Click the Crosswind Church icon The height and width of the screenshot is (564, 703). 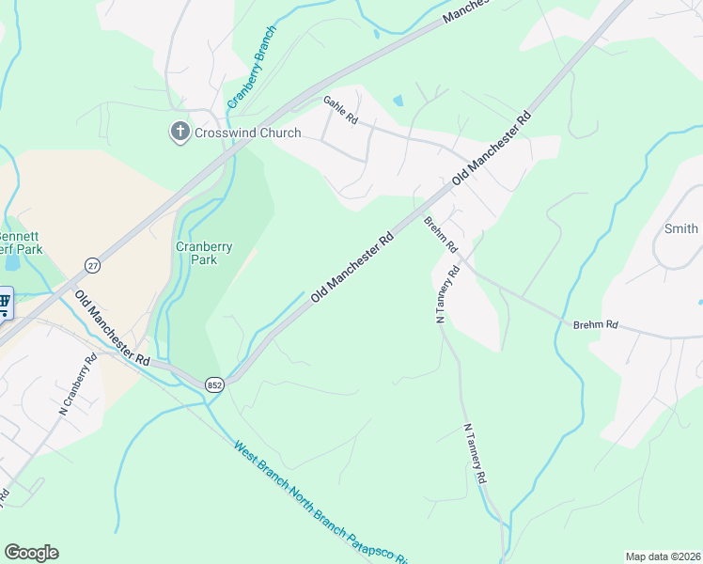(180, 133)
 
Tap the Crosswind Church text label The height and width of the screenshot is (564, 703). (247, 133)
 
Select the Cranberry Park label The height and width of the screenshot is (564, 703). (204, 253)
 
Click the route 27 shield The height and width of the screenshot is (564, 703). (91, 266)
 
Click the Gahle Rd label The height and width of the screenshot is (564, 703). (341, 111)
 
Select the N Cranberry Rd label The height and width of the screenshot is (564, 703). (79, 384)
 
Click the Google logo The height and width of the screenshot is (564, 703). (31, 553)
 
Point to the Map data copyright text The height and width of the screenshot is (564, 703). (663, 556)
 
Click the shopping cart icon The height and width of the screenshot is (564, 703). (4, 304)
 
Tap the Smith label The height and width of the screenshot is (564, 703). (681, 228)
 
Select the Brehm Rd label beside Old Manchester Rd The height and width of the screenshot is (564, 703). (440, 235)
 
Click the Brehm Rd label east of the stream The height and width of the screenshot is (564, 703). (596, 325)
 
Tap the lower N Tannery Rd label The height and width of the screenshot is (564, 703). (474, 453)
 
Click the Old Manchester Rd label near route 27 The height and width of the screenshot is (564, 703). (113, 330)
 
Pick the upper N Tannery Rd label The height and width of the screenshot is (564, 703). (446, 295)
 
